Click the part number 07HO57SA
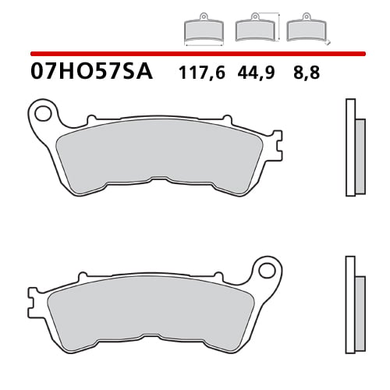click(92, 73)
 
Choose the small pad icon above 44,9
click(254, 30)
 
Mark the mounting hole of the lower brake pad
click(268, 272)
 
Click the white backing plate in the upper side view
click(349, 148)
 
